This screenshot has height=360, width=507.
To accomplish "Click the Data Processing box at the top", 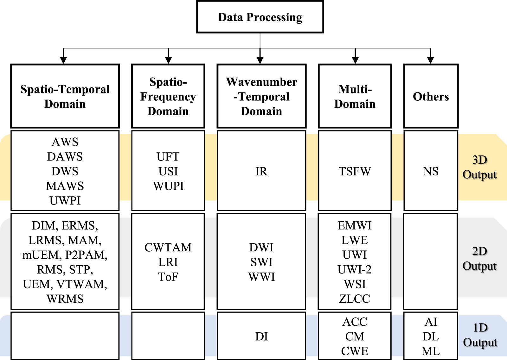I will [260, 17].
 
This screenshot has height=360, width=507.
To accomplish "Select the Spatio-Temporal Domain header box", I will [65, 96].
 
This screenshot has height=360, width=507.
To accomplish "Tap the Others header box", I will [431, 96].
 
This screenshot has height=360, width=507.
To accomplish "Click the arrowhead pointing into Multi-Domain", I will [355, 60].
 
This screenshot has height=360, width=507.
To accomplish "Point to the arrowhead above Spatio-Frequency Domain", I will [168, 60].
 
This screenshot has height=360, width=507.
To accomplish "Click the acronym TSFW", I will [355, 171].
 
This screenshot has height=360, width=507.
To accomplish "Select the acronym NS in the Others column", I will [431, 171].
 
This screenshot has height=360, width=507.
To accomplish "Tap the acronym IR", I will [261, 171].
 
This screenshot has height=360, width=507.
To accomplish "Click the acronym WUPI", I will [168, 186].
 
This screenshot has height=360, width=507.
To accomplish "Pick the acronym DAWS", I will [65, 157].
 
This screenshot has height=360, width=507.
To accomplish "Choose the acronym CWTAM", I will [168, 248].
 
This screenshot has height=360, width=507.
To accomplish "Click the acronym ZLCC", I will [355, 299].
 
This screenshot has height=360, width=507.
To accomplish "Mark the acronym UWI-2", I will [355, 269].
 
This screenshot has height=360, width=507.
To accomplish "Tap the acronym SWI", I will [261, 262].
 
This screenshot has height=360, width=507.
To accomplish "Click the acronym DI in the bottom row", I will [261, 336].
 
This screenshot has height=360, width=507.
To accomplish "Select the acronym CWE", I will [355, 351].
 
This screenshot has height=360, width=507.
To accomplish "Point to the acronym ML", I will [431, 351].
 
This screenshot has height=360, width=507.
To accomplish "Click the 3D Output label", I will [479, 167].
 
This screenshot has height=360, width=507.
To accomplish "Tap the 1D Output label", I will [480, 335].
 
